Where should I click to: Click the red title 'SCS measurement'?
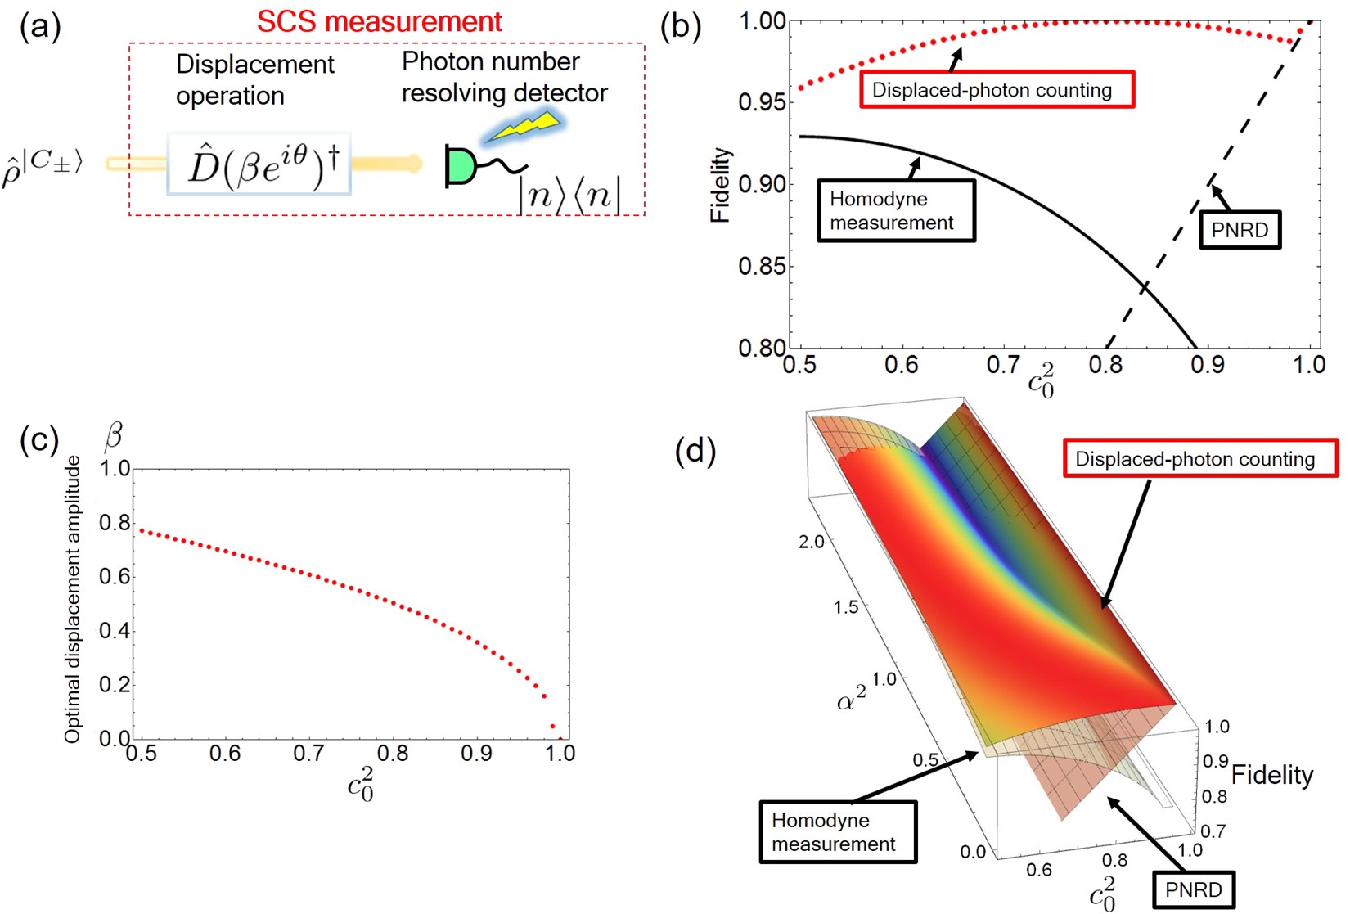coord(379,21)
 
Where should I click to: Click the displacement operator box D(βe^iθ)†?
coord(259,164)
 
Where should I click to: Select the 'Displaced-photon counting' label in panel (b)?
coord(996,89)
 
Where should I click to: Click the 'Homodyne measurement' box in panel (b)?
coord(896,211)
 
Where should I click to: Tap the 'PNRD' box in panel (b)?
coord(1239,230)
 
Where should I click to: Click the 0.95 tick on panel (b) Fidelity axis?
coord(761,102)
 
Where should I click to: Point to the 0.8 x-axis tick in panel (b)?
coord(1105,364)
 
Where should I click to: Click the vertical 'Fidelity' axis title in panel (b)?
coord(720,185)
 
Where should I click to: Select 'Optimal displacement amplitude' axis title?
coord(73,599)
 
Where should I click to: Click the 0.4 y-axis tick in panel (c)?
coord(115,630)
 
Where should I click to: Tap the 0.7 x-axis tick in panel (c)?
coord(308,754)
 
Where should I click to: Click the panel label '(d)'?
coord(695,451)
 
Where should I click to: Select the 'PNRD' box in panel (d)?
coord(1193,890)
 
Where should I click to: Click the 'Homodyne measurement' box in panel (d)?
coord(837,832)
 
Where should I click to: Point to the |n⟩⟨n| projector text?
coord(569,197)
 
